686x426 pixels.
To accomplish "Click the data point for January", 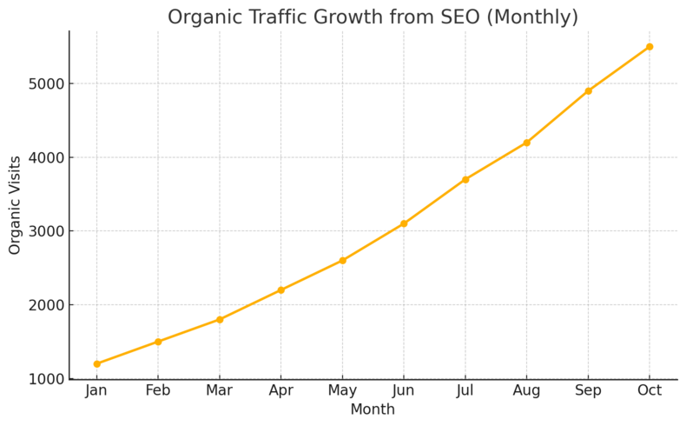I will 96,363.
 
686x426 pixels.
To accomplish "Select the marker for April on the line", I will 280,290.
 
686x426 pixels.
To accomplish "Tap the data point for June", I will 404,223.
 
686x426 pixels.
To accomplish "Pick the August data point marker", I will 526,143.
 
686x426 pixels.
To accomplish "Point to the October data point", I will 650,47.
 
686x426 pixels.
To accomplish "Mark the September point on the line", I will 588,90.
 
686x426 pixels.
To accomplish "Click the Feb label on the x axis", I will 158,391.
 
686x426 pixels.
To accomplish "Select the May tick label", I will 342,391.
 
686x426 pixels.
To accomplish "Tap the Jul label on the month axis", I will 465,391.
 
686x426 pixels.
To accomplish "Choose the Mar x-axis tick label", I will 219,391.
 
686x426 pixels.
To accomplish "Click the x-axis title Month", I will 373,409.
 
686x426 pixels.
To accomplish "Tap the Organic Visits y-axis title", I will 16,205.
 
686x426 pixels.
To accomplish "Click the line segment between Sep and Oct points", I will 619,69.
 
